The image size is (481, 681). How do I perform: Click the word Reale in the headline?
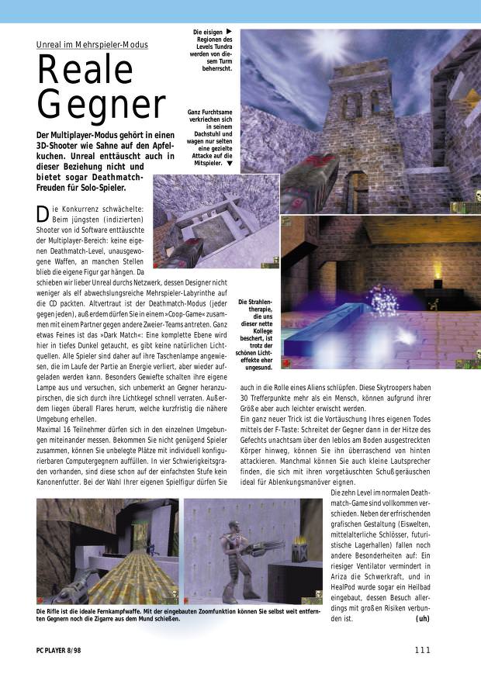[x=85, y=71]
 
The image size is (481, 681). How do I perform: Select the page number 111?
[x=422, y=649]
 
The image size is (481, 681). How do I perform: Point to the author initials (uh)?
[x=422, y=619]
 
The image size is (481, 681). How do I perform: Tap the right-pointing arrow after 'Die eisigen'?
[x=229, y=31]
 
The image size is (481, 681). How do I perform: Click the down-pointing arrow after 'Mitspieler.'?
[x=230, y=164]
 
